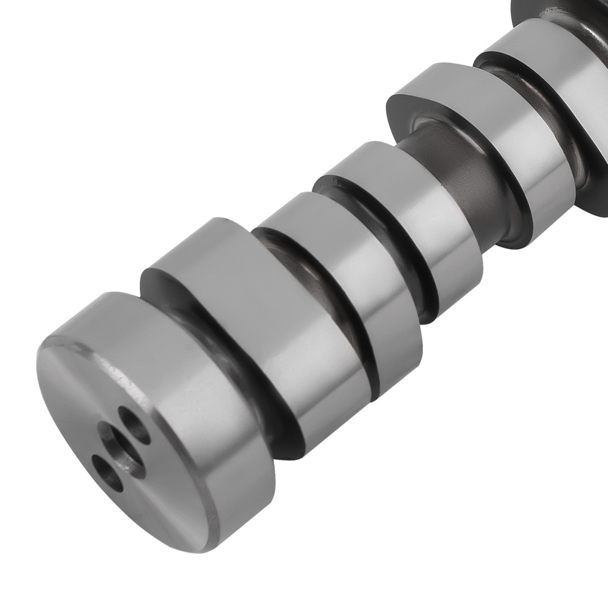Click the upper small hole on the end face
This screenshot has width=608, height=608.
[x=134, y=423]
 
